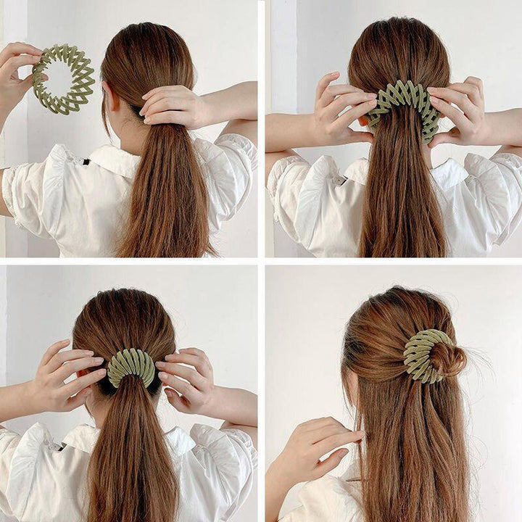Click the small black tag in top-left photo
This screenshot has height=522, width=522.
(86, 160)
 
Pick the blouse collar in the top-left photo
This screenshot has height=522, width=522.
(109, 156)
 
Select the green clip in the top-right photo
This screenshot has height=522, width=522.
(404, 101)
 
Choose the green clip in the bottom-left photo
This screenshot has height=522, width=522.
(131, 367)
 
